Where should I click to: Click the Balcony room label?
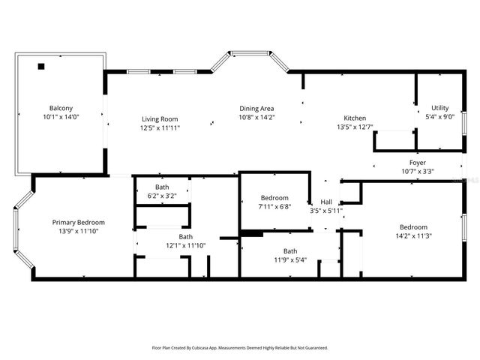tap(61, 108)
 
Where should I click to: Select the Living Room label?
tap(160, 118)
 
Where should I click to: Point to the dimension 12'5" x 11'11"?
tap(160, 127)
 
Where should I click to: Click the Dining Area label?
tap(257, 108)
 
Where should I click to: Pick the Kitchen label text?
tap(355, 118)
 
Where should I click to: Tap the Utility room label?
tap(440, 108)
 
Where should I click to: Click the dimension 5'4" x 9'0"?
tap(440, 117)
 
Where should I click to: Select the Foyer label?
tap(418, 162)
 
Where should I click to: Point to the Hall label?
tap(326, 202)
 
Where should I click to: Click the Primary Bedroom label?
tap(78, 222)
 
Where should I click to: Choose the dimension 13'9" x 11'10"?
tap(78, 231)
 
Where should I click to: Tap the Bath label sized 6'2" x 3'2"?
tap(162, 187)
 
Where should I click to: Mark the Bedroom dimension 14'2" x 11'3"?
tap(413, 236)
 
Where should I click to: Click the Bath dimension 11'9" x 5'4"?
tap(289, 260)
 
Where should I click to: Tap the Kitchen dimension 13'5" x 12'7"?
tap(355, 127)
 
